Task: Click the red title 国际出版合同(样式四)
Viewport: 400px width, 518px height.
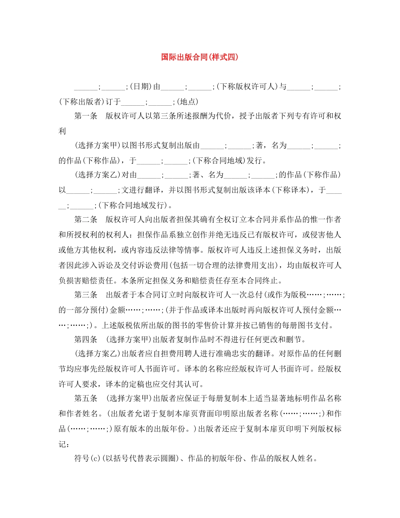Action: (200, 57)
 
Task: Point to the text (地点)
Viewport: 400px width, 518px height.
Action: (187, 101)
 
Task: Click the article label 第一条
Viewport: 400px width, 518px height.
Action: (86, 116)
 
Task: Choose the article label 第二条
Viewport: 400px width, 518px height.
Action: (86, 219)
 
